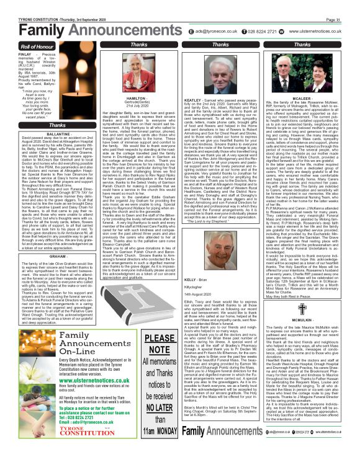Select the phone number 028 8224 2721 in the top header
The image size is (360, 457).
(x=266, y=30)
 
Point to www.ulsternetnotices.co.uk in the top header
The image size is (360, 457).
(x=322, y=30)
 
